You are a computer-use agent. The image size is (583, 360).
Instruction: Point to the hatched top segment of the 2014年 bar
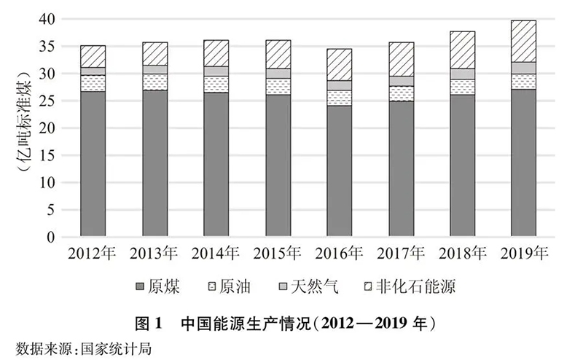[216, 53]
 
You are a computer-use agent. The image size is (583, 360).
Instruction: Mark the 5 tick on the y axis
[51, 210]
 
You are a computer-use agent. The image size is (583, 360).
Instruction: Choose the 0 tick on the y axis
[51, 237]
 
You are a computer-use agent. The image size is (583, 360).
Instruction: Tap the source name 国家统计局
[120, 346]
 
